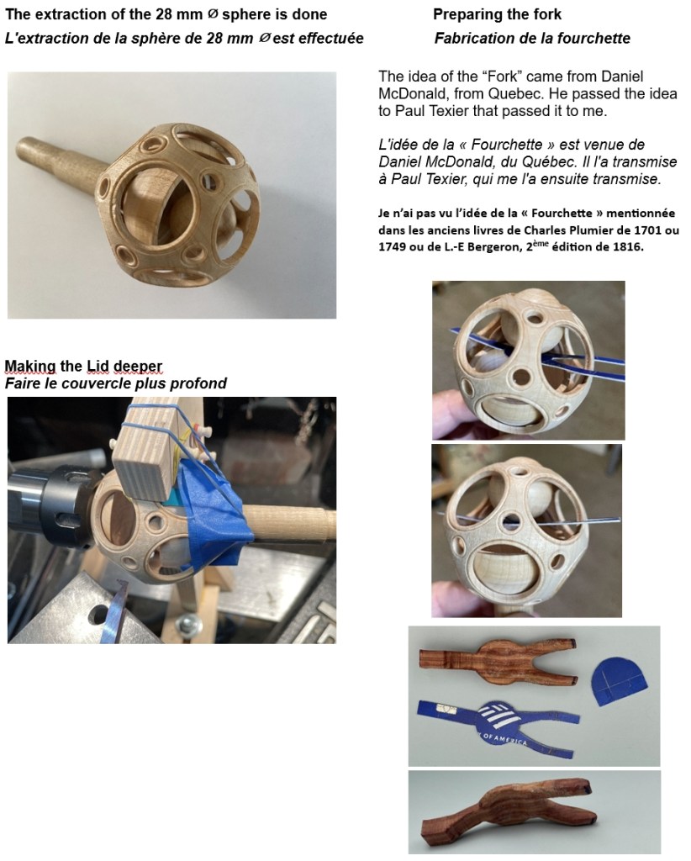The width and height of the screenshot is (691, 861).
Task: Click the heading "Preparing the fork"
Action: coord(497,14)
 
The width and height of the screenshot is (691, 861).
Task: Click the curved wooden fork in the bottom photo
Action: coord(508,815)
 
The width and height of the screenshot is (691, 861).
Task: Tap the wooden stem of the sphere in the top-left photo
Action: coord(61,164)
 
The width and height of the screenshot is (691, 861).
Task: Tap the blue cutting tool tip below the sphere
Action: coord(115,612)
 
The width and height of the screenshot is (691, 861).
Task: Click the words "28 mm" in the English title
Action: coord(180,14)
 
